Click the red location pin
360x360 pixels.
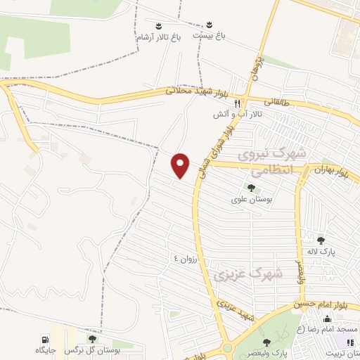[x=181, y=165]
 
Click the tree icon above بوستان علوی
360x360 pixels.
[x=251, y=187]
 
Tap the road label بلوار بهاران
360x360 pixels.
[x=334, y=170]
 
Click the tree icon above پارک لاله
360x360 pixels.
[x=321, y=240]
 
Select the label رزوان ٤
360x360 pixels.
[x=188, y=259]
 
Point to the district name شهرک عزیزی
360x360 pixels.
[x=250, y=274]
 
